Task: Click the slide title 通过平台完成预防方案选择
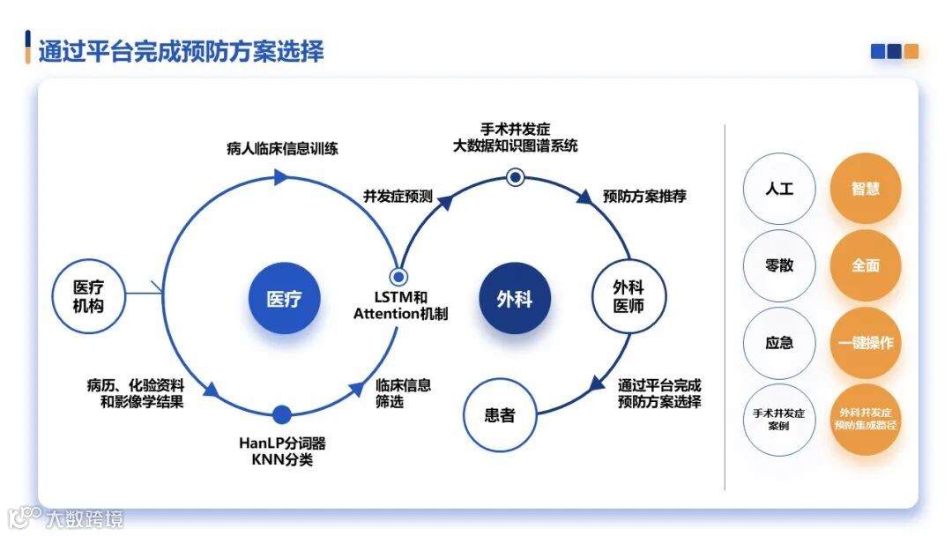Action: pyautogui.click(x=181, y=50)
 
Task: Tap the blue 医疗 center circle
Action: pyautogui.click(x=284, y=299)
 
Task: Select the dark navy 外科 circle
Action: pyautogui.click(x=514, y=299)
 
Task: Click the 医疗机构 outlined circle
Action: pyautogui.click(x=88, y=296)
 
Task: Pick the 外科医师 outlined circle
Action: pyautogui.click(x=628, y=296)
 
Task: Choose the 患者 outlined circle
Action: pyautogui.click(x=499, y=414)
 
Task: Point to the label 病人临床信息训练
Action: pyautogui.click(x=282, y=148)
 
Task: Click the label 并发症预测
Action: pyautogui.click(x=398, y=196)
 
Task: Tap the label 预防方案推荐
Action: pyautogui.click(x=644, y=196)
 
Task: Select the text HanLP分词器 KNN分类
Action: pyautogui.click(x=282, y=451)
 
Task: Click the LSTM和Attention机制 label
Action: pyautogui.click(x=400, y=305)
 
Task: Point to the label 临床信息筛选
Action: pyautogui.click(x=403, y=393)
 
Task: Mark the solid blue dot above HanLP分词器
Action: pyautogui.click(x=282, y=414)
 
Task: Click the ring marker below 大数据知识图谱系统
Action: pyautogui.click(x=516, y=177)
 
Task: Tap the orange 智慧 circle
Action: pyautogui.click(x=865, y=189)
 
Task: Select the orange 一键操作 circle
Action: pyautogui.click(x=865, y=343)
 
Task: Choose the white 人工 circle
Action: pyautogui.click(x=779, y=189)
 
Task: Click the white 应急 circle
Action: pyautogui.click(x=779, y=343)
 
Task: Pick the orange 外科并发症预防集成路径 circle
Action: pyautogui.click(x=865, y=420)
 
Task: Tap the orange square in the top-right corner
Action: pyautogui.click(x=911, y=52)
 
